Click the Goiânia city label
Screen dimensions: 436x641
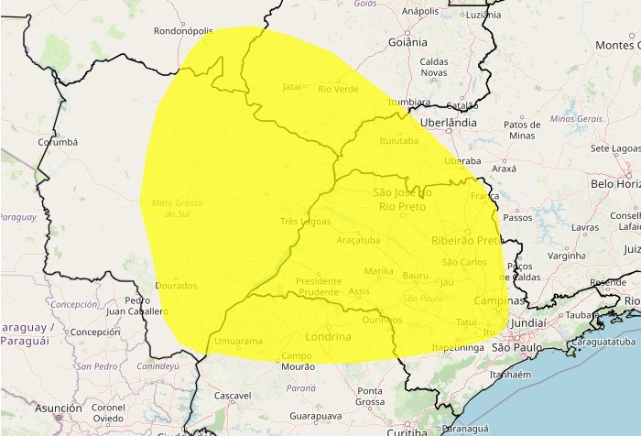coord(407,42)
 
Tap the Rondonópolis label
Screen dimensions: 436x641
coord(183,30)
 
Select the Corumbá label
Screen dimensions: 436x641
coord(58,143)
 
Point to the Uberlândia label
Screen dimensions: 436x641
coord(448,122)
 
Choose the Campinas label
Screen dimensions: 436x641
coord(500,300)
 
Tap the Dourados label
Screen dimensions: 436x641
coord(176,286)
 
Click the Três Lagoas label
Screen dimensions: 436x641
coord(304,222)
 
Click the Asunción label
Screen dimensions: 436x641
coord(59,409)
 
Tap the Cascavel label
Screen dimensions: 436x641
coord(232,397)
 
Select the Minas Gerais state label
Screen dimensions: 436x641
coord(576,119)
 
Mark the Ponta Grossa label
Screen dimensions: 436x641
coord(370,397)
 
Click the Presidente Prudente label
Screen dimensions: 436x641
coord(319,286)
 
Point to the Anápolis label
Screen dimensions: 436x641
coord(420,12)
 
